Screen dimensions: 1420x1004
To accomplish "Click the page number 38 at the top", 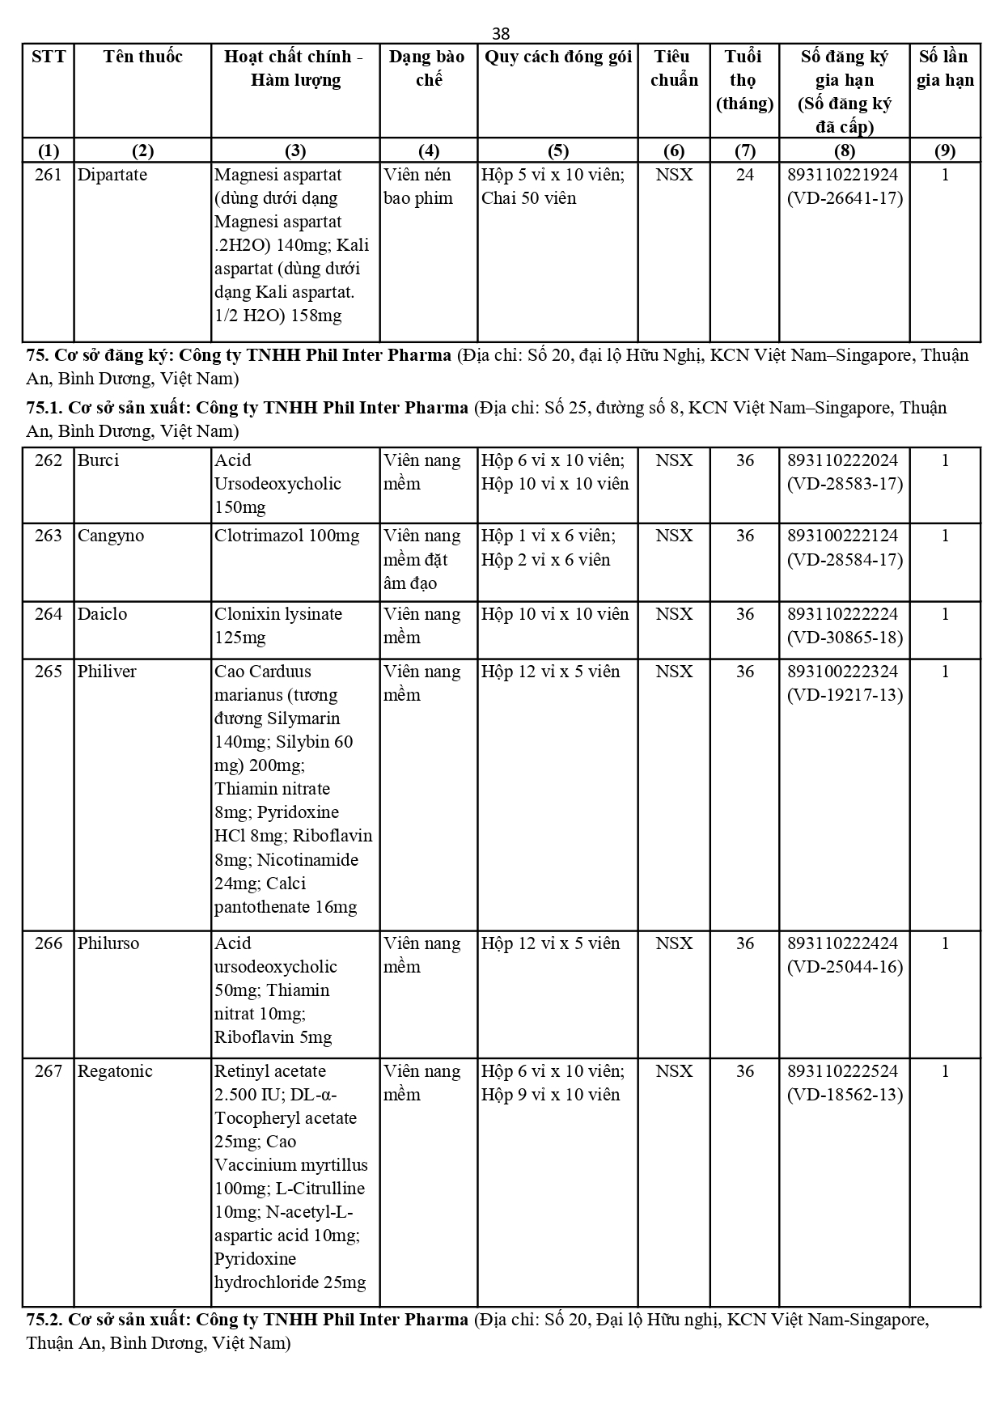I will [x=501, y=33].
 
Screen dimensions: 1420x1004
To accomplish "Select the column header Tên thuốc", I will [x=142, y=57].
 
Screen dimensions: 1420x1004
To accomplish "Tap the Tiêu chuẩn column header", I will [x=673, y=68].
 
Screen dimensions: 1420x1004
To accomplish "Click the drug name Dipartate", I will [x=112, y=175].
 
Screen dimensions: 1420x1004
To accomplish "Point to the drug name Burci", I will [x=98, y=460].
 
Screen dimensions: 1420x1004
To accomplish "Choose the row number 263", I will [x=49, y=536].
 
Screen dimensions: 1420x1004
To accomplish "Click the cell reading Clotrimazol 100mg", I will [x=286, y=536].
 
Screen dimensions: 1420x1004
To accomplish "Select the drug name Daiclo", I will [x=102, y=614].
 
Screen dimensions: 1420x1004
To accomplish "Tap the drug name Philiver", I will [x=107, y=672].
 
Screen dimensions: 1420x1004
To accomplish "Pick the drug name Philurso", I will [x=108, y=943].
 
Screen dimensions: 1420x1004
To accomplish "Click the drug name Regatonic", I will [x=115, y=1071].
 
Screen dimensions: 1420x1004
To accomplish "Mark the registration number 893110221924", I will [x=843, y=175].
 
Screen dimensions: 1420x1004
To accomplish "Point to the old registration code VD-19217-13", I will [x=845, y=695].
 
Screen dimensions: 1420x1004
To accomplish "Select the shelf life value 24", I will [x=744, y=175].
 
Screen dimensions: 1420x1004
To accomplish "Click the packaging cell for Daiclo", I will [x=555, y=614].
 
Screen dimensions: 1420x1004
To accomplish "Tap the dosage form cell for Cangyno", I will [x=422, y=559].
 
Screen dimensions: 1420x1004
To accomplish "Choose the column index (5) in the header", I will [x=557, y=150].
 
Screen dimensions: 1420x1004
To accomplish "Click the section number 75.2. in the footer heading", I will [x=44, y=1320].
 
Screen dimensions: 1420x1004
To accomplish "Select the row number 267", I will [x=49, y=1071].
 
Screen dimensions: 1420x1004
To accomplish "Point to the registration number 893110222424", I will [x=843, y=943].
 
